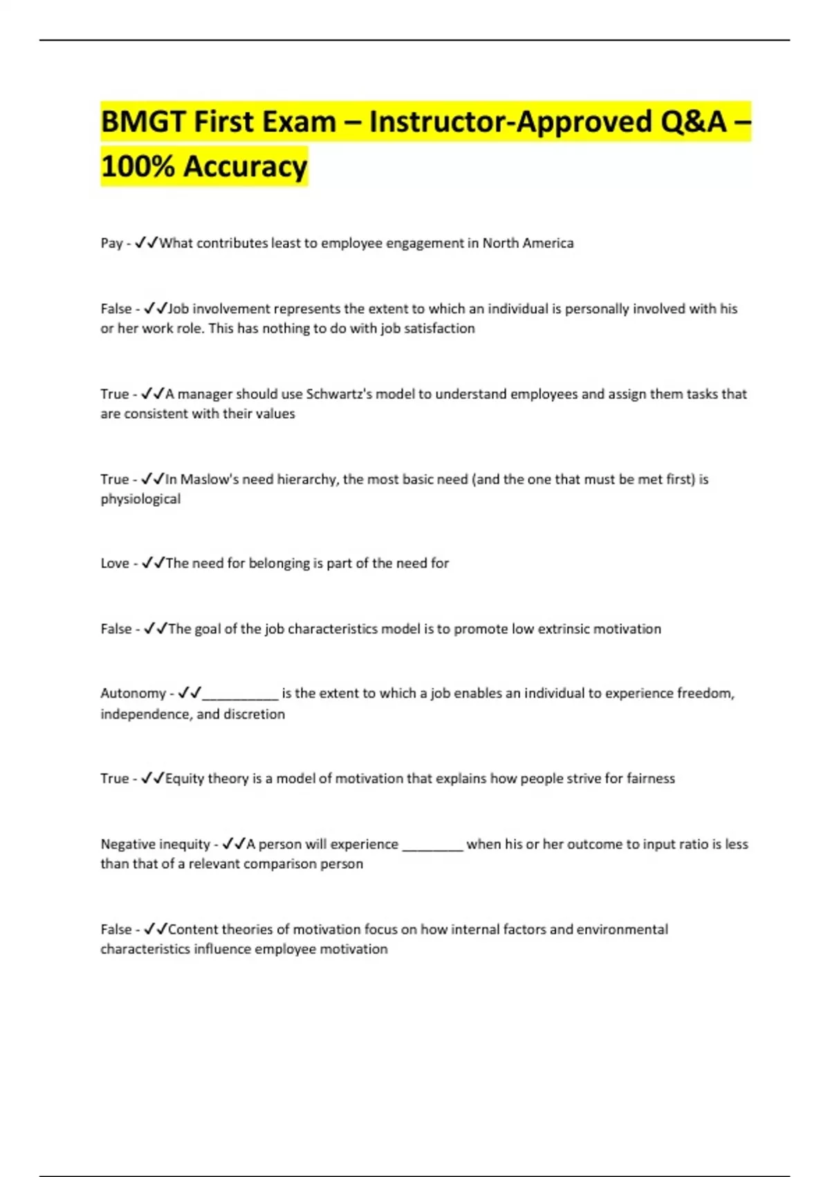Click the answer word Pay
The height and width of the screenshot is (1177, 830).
pyautogui.click(x=111, y=243)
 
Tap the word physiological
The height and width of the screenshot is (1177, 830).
pyautogui.click(x=140, y=498)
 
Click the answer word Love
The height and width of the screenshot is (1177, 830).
pyautogui.click(x=115, y=563)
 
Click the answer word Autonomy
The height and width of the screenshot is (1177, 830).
pyautogui.click(x=133, y=693)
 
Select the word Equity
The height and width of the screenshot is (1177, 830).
pyautogui.click(x=185, y=778)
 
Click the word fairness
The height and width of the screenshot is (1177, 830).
pyautogui.click(x=650, y=778)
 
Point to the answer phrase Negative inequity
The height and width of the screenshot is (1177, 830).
pyautogui.click(x=155, y=844)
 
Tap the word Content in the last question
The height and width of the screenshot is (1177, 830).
pyautogui.click(x=195, y=929)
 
